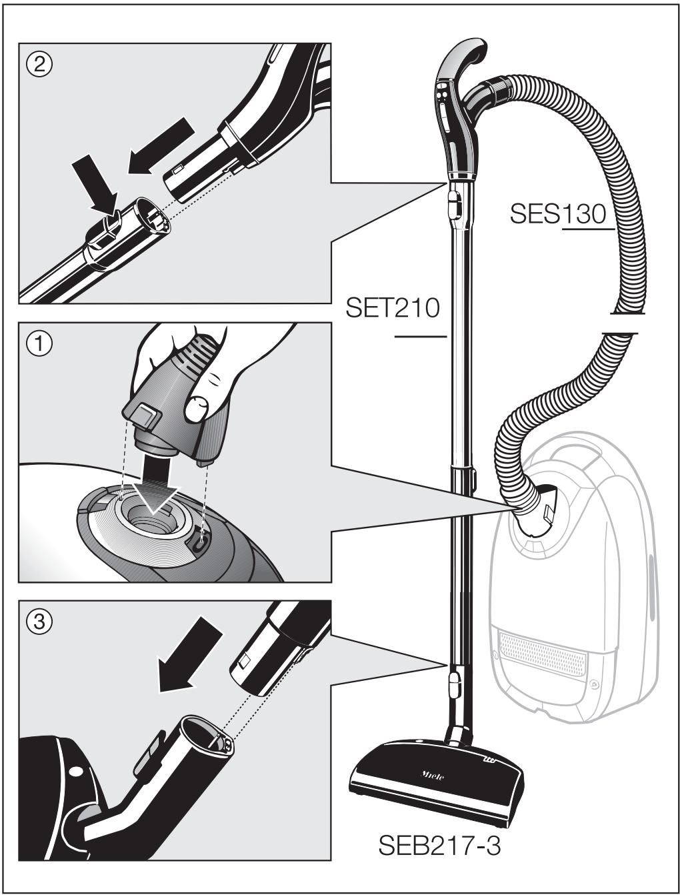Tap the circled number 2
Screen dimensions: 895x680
39,64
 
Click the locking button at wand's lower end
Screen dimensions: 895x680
454,684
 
